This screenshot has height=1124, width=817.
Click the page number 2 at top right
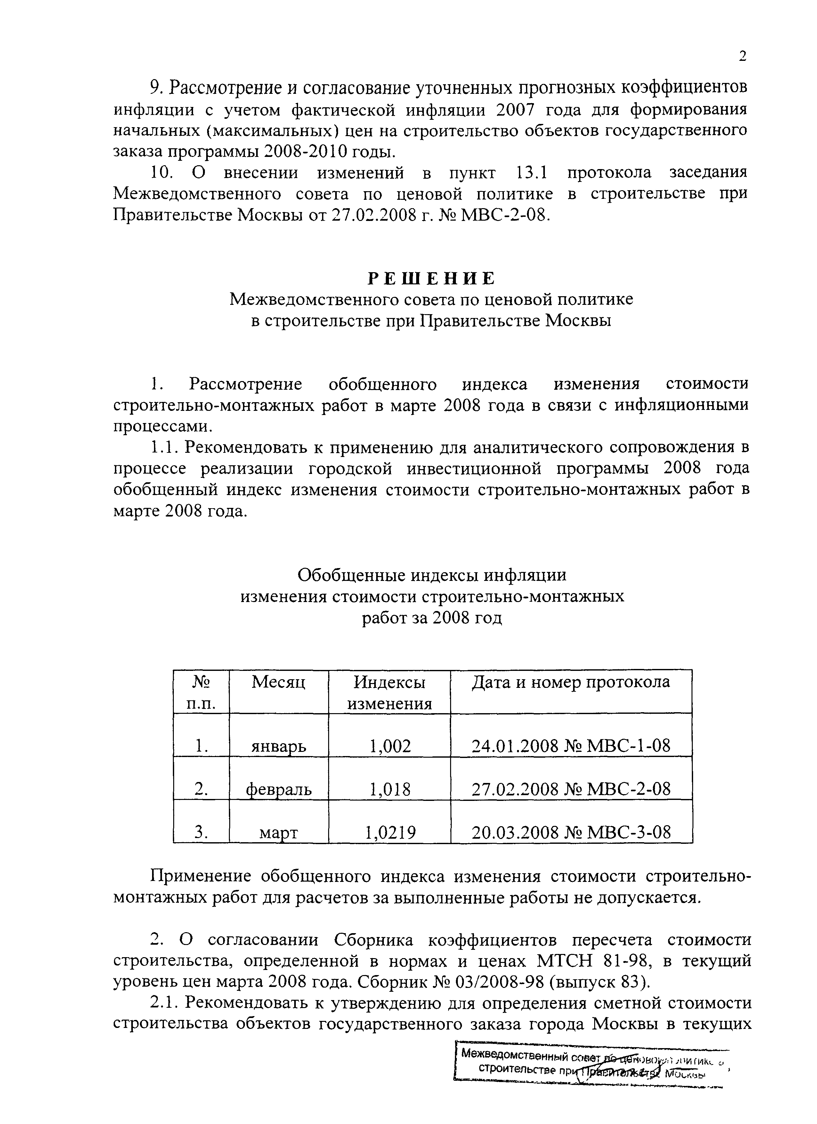click(x=742, y=56)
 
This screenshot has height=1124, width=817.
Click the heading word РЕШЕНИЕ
click(x=431, y=279)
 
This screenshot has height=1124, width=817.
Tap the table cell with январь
click(x=279, y=745)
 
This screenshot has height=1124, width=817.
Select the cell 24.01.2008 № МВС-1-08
click(x=571, y=745)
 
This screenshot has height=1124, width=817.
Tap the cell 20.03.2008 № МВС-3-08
click(x=571, y=832)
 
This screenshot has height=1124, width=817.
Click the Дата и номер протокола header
click(x=571, y=682)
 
